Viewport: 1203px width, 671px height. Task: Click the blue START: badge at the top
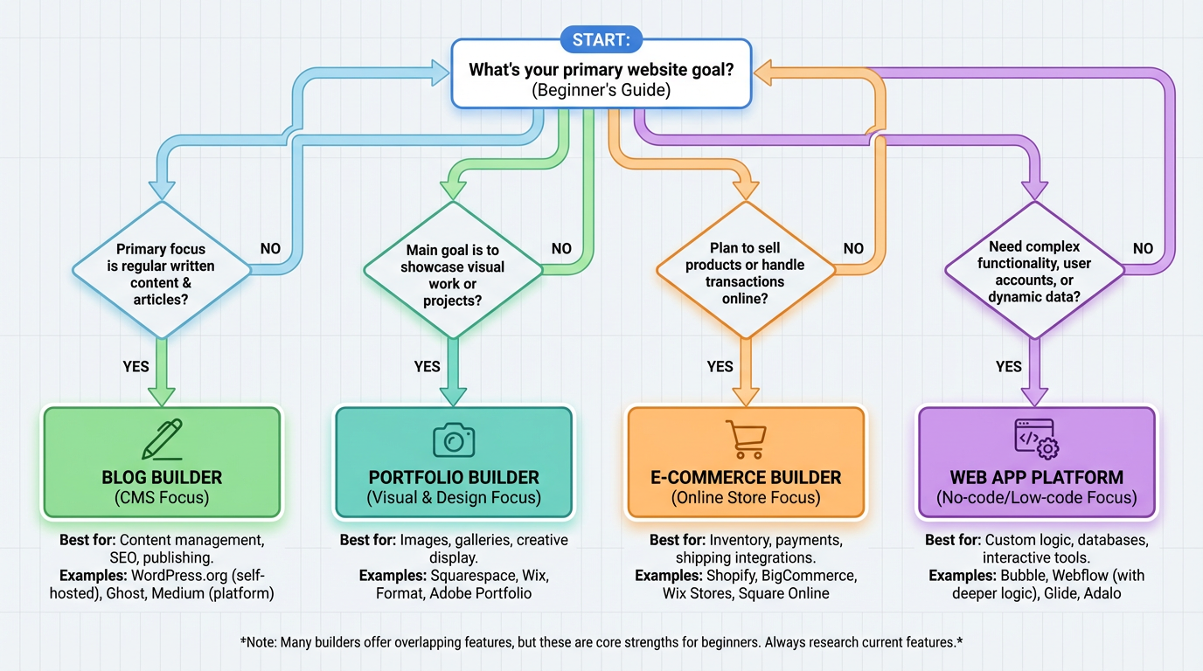(601, 39)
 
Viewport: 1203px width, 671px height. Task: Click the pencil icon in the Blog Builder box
(163, 439)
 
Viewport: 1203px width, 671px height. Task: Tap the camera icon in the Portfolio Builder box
(454, 440)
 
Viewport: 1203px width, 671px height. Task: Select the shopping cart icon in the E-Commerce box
(746, 439)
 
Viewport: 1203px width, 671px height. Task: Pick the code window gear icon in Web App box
(1036, 439)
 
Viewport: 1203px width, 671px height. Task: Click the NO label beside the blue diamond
(271, 249)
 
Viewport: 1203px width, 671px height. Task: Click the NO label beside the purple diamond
(1143, 249)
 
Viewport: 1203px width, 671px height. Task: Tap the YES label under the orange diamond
(720, 366)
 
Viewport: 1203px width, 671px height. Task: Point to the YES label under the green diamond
(427, 366)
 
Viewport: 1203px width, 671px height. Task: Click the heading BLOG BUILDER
(162, 478)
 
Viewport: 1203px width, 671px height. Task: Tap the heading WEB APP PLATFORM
(1036, 478)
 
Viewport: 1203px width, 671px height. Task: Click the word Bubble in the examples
(1022, 576)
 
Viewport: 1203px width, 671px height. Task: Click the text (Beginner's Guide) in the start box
(601, 90)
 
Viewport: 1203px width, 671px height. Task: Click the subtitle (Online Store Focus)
(746, 498)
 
